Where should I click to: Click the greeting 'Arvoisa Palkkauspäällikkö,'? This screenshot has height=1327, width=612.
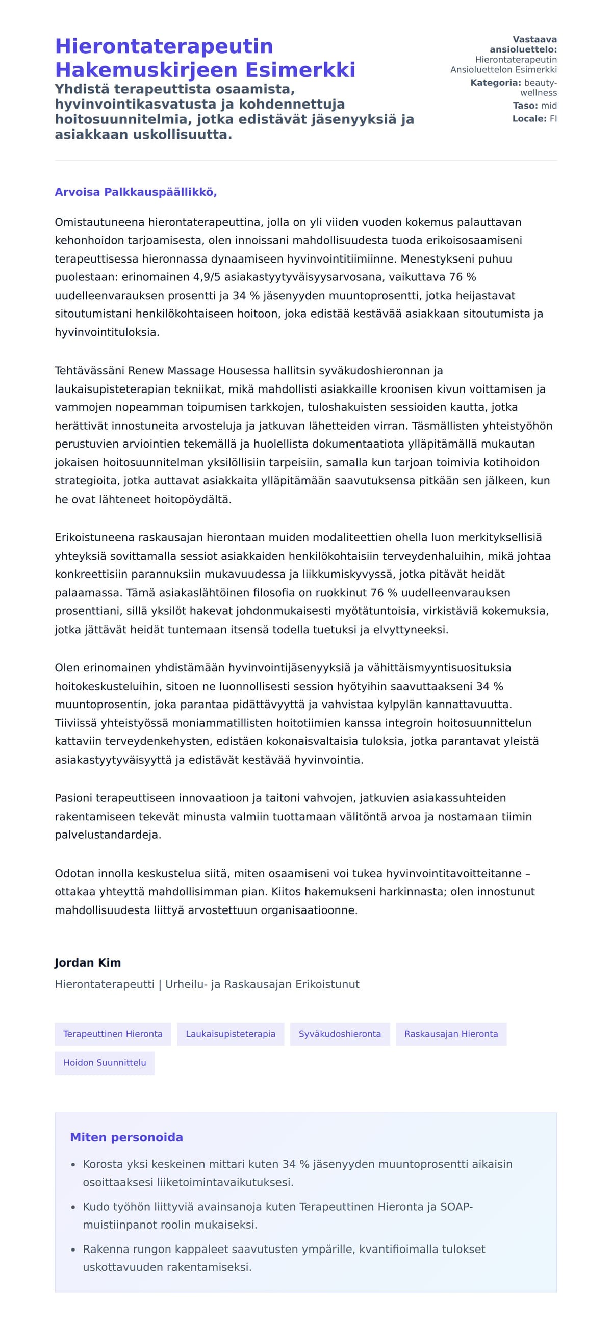136,192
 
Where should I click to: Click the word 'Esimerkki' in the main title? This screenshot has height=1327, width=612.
300,70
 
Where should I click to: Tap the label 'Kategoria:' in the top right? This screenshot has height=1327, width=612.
495,83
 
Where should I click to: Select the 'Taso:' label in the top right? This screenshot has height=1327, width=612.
525,106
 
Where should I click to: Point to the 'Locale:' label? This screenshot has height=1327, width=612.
529,118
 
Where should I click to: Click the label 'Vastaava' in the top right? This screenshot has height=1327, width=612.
534,40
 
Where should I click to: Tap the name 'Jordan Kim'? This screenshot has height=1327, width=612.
88,963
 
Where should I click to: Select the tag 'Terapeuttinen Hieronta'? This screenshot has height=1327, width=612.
113,1034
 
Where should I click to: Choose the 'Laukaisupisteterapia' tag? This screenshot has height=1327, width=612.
231,1034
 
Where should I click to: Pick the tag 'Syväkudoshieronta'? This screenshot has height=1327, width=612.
340,1034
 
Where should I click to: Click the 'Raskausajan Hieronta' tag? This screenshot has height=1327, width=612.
451,1034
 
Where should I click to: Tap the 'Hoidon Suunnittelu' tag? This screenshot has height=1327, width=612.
105,1063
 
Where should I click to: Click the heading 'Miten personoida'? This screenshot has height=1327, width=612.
126,1137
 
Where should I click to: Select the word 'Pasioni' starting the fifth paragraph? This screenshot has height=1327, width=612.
73,798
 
